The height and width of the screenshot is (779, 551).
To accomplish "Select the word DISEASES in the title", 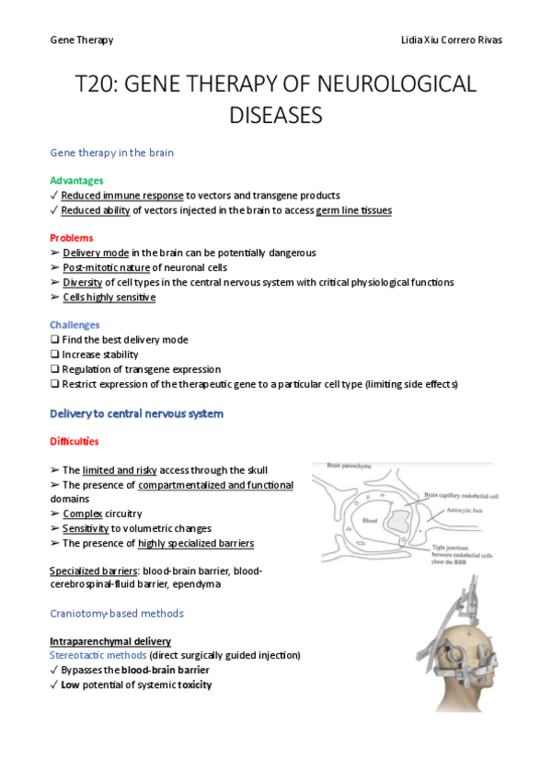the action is (x=275, y=116).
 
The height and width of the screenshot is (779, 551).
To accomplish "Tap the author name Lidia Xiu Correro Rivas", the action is (x=452, y=40).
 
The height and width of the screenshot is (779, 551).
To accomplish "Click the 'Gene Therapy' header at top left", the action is (x=82, y=40).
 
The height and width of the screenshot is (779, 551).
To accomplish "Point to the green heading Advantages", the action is (x=76, y=180).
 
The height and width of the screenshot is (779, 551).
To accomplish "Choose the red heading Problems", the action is (x=71, y=238).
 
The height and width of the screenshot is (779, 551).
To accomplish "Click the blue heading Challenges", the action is (x=75, y=324).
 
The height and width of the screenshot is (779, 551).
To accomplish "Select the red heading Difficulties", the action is (x=75, y=441).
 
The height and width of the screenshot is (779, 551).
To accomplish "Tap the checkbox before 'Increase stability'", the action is (x=54, y=355).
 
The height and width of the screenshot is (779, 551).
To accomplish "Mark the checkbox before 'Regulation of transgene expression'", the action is (x=54, y=369).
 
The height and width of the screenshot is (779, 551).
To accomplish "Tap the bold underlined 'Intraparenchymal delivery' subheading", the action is (x=109, y=640).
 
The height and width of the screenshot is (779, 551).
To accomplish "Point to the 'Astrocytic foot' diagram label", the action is (x=452, y=506).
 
